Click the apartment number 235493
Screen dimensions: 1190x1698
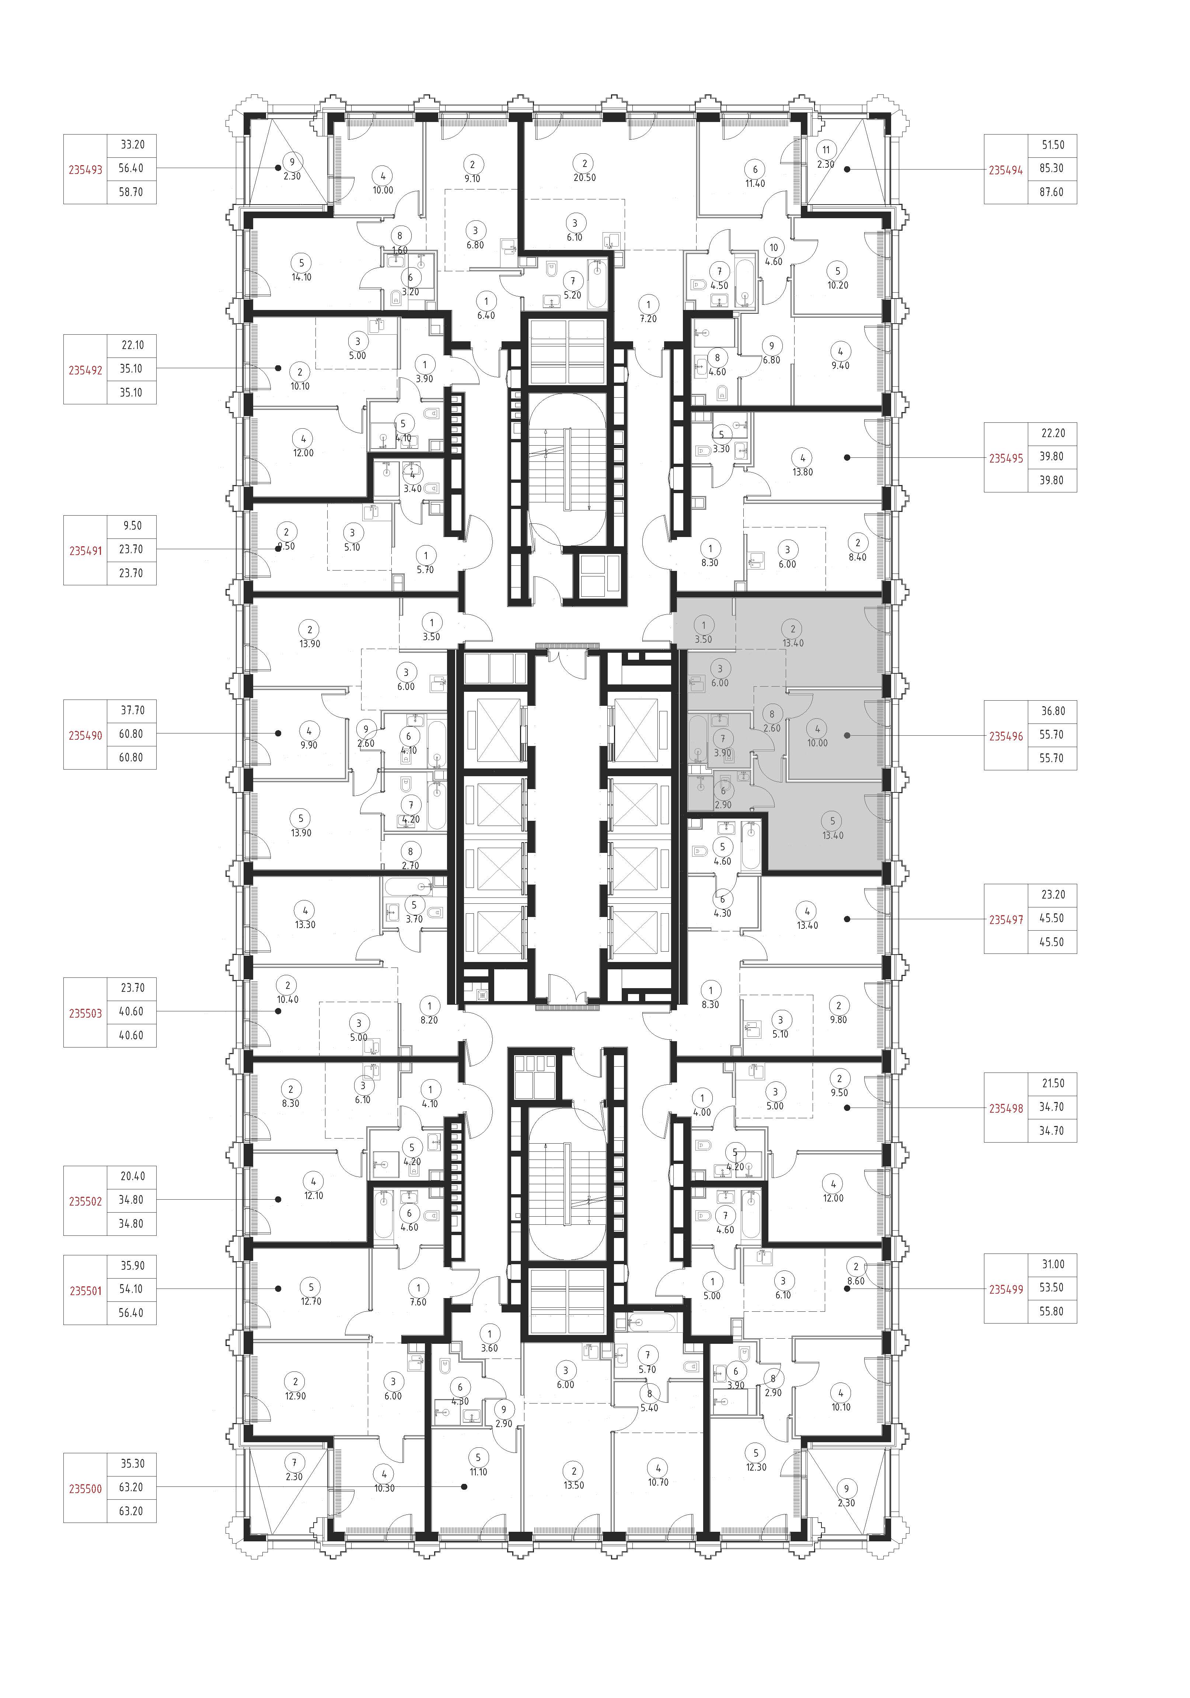coord(86,169)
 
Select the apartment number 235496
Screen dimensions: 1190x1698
coord(1006,736)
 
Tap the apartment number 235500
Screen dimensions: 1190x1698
coord(86,1489)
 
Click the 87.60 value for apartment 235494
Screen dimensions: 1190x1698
coord(1051,192)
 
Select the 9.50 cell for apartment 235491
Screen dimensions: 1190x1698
coord(132,526)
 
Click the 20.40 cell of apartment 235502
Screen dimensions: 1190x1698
coord(132,1176)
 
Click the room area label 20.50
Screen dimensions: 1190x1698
coord(584,178)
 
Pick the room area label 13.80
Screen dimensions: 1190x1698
coord(802,472)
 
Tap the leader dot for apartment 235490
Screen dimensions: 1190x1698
coord(278,733)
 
